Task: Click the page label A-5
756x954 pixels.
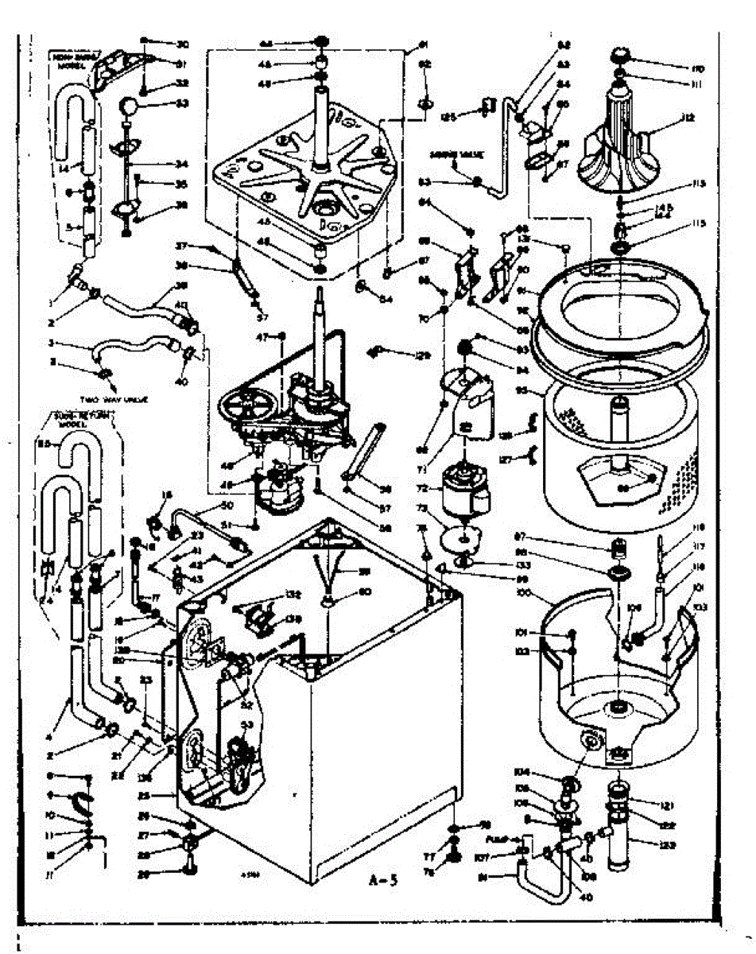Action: (385, 879)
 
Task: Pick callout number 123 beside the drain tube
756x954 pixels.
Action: (666, 845)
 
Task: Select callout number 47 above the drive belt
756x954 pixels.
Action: (284, 337)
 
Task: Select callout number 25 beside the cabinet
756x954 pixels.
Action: (165, 794)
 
